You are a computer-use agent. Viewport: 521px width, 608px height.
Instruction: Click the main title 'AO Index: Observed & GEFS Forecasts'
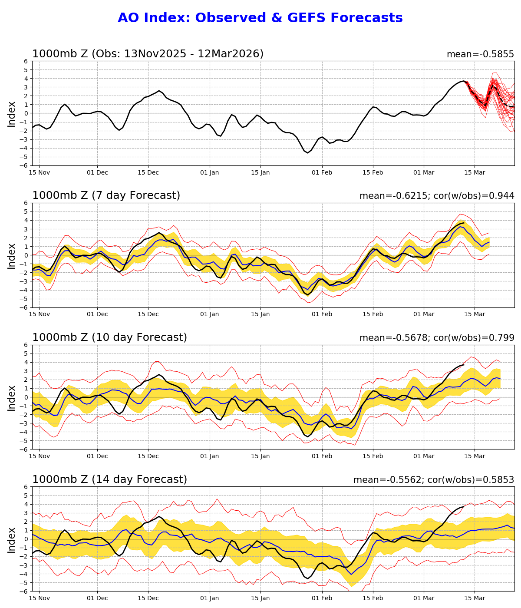260,18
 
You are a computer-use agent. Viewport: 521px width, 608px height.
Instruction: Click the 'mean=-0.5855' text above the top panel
480,55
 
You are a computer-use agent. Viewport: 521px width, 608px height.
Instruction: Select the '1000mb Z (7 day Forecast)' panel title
106,196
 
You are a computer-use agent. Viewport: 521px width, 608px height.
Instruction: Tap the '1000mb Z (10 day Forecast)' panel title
109,338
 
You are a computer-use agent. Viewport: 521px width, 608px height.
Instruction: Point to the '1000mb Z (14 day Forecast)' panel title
109,480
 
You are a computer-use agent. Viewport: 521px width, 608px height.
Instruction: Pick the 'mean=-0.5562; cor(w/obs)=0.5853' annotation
434,480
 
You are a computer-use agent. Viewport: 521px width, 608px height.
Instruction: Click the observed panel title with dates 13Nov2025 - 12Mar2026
148,54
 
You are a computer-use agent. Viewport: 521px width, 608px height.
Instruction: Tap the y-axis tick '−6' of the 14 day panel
25,591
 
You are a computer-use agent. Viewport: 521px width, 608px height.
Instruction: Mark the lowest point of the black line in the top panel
308,153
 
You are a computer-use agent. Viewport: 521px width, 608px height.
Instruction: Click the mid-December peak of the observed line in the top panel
159,91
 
